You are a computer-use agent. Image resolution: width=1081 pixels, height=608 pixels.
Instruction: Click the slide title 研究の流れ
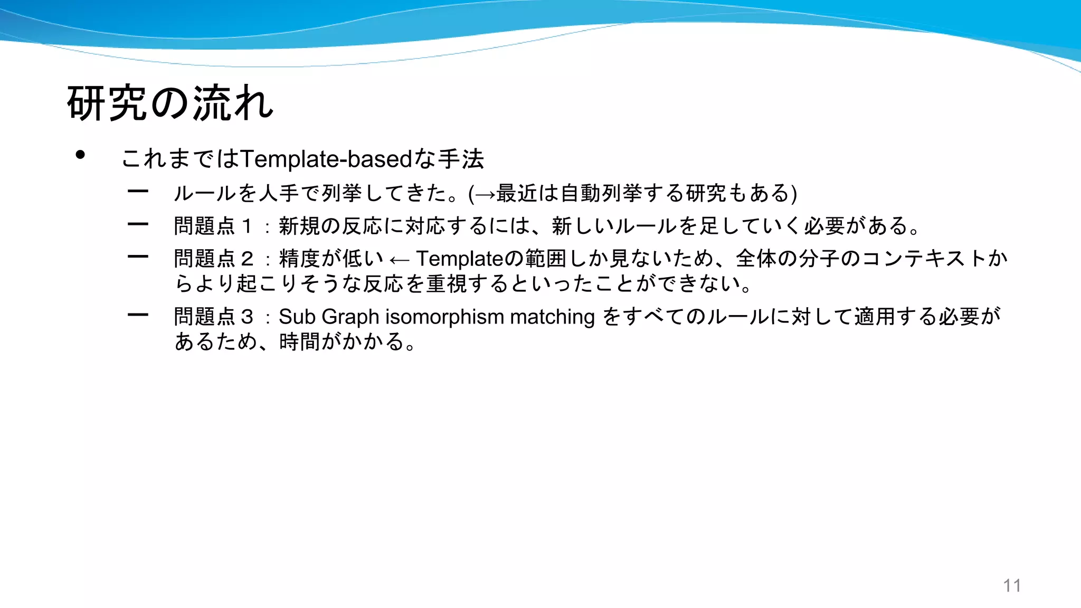click(170, 103)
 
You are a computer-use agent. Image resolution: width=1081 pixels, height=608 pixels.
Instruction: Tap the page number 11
click(1012, 585)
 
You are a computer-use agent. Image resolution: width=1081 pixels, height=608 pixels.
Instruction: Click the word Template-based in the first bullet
click(326, 159)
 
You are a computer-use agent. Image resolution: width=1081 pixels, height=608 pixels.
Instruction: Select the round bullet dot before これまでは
click(80, 155)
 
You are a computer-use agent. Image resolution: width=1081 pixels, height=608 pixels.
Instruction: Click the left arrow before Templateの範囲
click(399, 260)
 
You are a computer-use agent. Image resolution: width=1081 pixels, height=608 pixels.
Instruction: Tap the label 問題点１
click(214, 226)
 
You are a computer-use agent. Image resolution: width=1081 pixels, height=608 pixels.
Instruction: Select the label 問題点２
click(214, 259)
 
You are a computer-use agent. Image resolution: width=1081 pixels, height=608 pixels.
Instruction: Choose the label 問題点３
click(214, 317)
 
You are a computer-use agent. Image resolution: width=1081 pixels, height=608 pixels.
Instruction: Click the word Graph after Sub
click(350, 317)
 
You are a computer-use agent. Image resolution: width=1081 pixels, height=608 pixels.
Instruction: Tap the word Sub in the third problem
click(297, 317)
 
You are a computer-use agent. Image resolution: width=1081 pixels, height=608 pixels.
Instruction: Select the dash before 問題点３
click(138, 315)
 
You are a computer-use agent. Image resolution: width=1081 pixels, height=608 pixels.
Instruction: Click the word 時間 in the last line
click(299, 341)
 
